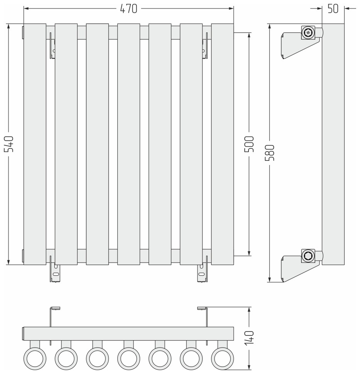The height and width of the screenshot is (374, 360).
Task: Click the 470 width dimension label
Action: tap(129, 9)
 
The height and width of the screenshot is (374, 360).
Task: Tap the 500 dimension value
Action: tap(249, 144)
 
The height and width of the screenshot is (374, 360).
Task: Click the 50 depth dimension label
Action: tap(333, 9)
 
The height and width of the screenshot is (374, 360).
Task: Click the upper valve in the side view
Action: tap(308, 33)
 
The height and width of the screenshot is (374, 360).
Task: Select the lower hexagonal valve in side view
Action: tap(308, 256)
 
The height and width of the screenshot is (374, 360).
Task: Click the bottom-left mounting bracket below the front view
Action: tap(55, 273)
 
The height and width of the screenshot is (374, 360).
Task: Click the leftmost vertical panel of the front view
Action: tap(35, 144)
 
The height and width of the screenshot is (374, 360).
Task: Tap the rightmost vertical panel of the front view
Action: tap(222, 144)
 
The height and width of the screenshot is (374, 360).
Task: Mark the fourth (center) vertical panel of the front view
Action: tap(128, 144)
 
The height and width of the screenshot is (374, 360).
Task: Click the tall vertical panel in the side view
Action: tap(333, 144)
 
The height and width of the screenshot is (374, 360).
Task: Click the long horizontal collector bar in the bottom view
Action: tap(128, 334)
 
